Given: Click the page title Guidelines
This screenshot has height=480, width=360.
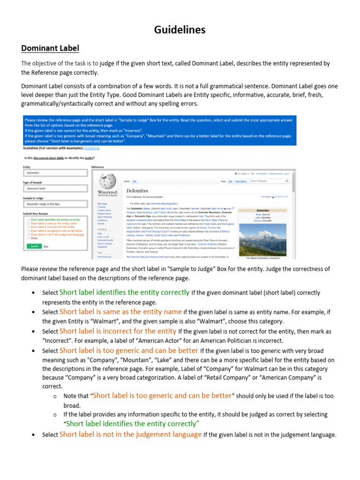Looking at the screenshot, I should click(180, 30).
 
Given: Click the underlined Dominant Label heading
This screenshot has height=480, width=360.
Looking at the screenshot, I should click(50, 48).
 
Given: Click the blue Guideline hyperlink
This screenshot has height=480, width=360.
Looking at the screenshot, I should click(92, 148).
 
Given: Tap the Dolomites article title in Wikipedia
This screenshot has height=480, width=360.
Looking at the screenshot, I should click(137, 191).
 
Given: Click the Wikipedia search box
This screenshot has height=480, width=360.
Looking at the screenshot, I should click(269, 180).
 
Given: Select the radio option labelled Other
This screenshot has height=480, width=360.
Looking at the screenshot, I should click(29, 238).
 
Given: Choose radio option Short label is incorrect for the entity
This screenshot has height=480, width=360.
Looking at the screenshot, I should click(29, 227).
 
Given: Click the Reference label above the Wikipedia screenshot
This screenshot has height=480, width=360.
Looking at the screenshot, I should click(97, 166).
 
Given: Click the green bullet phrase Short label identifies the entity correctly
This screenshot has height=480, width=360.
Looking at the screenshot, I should click(125, 292).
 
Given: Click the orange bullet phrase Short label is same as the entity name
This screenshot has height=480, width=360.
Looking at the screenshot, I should click(120, 311).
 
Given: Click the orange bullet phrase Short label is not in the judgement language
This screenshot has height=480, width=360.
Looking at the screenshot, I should click(131, 435).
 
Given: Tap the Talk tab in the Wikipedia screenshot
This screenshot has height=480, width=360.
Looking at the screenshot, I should click(134, 180).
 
